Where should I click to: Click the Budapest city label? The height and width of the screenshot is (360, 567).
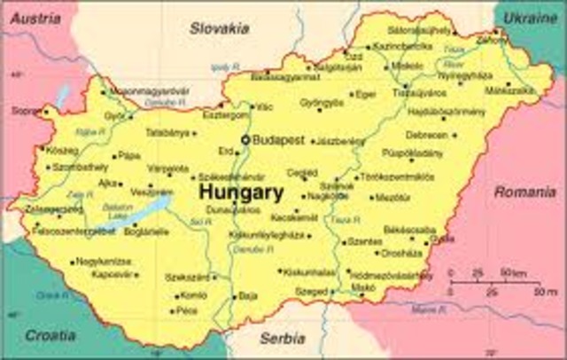point(278,140)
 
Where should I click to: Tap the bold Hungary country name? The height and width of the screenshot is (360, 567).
point(241,192)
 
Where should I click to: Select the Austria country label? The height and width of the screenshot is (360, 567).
point(29,17)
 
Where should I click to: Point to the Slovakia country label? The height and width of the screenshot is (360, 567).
point(219,28)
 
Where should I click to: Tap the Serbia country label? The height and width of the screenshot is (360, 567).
point(282,338)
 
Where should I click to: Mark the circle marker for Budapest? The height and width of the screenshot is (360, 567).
point(246,140)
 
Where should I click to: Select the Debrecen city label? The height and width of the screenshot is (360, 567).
point(427,135)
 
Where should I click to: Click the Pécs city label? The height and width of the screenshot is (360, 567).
point(187,311)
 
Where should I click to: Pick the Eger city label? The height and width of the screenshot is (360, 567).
point(366,93)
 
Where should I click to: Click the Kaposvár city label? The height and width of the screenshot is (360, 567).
point(113,275)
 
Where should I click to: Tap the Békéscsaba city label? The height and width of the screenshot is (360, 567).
point(409,229)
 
